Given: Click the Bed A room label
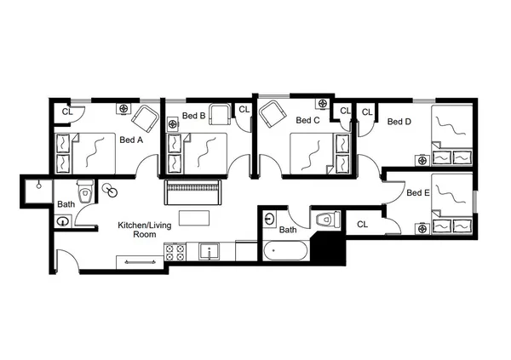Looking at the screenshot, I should coord(132,141).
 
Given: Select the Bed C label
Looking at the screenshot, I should coord(307,121).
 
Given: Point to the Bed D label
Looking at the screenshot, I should coord(399,121).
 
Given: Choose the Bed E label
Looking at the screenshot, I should coord(417,192).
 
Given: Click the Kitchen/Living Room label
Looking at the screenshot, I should coord(141,231).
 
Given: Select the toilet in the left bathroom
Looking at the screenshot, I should coord(84,188).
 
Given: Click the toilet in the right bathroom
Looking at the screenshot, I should coord(324,220).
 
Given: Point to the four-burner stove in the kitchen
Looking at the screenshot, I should coord(175,253).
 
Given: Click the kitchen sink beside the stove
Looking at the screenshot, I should coord(206,252).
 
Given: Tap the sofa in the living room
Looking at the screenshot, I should coord(193,191).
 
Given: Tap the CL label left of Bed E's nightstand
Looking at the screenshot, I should coord(362,225).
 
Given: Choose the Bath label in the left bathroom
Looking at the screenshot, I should coord(66,204).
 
